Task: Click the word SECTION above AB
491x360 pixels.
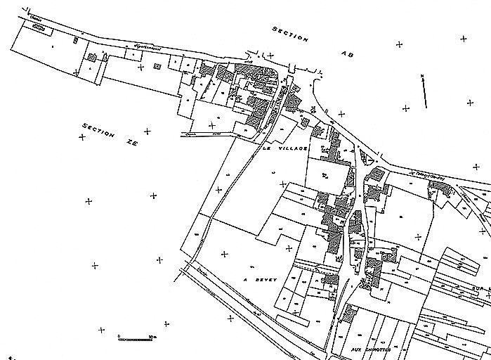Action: [289, 35]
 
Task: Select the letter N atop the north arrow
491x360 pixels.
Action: [421, 74]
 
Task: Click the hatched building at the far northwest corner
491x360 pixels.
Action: [40, 27]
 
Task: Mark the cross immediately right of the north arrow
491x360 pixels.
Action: [470, 103]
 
